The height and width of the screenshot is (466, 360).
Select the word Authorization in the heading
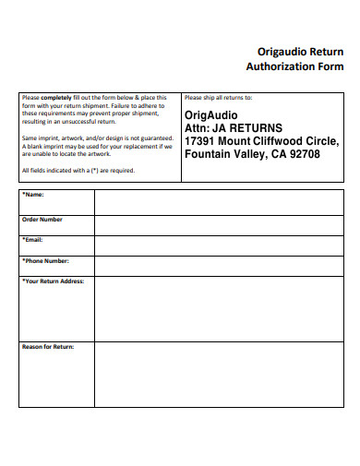pos(278,66)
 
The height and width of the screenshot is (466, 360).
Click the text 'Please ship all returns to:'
pos(218,97)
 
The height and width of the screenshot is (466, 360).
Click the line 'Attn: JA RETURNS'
pos(234,127)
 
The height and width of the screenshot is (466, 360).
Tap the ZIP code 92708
pos(304,154)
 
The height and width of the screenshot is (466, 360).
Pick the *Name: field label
pos(32,196)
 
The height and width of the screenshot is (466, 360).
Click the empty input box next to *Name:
pos(219,202)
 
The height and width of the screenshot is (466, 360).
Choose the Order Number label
pos(42,220)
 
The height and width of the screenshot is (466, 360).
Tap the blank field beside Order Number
pos(219,224)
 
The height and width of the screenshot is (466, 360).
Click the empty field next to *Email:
pos(219,245)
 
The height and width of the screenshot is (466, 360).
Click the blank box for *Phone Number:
pos(219,266)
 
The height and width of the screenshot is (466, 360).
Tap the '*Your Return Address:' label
pos(54,281)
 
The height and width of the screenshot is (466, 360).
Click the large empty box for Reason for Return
pos(219,374)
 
